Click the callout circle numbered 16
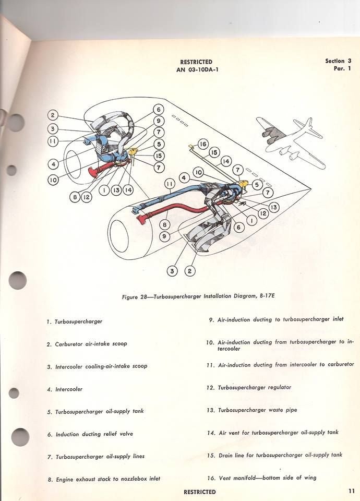203,144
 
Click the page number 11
352,491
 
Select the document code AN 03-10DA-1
196,70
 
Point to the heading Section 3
338,61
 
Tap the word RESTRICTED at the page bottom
199,492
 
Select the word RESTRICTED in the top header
196,62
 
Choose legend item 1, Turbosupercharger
78,321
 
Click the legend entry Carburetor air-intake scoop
91,344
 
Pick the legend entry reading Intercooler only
68,389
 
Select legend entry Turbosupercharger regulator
254,387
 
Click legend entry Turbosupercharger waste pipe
257,410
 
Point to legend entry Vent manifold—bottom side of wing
267,478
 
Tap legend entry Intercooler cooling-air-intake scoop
101,366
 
